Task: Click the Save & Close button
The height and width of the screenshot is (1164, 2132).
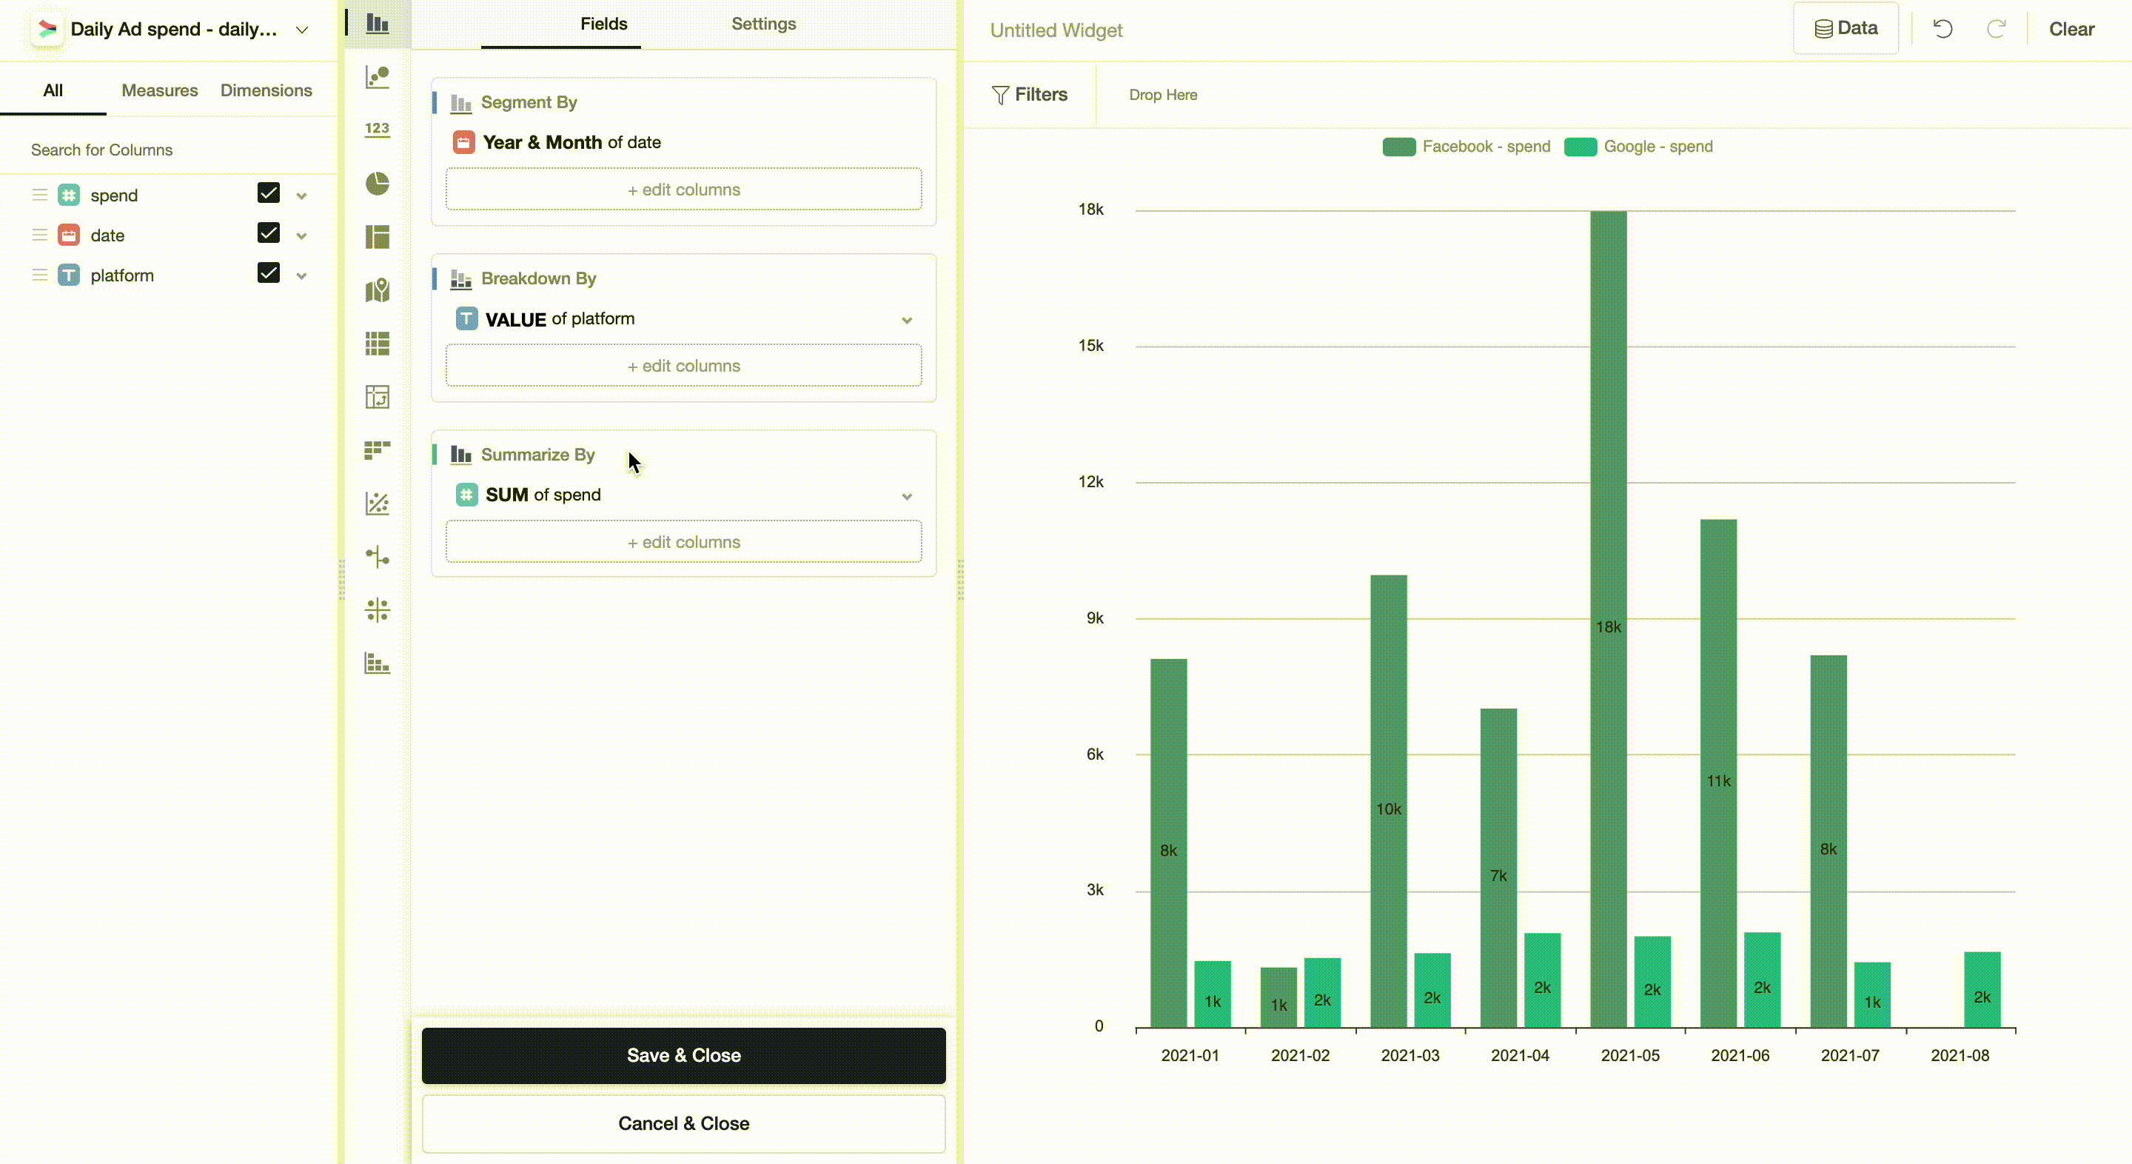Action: tap(683, 1054)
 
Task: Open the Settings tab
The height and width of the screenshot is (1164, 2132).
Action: tap(763, 24)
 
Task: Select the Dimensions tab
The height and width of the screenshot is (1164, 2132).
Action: tap(266, 90)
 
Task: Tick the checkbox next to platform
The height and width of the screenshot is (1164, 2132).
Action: tap(268, 273)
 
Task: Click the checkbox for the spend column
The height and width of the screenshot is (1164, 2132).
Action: tap(268, 194)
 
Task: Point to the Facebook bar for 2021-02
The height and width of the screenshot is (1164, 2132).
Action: tap(1278, 997)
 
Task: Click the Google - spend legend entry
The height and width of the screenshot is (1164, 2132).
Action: tap(1657, 147)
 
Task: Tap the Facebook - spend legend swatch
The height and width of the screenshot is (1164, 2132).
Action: tap(1398, 147)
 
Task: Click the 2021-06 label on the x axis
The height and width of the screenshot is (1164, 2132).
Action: tap(1740, 1056)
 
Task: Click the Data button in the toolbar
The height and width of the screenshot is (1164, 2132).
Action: tap(1846, 29)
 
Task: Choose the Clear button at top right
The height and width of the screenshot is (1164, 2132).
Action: tap(2071, 29)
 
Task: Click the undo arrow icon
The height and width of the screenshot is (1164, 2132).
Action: tap(1942, 29)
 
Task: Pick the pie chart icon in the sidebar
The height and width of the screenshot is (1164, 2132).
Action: tap(378, 183)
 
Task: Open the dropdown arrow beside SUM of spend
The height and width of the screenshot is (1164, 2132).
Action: tap(907, 497)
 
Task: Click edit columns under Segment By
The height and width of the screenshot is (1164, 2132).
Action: tap(683, 190)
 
